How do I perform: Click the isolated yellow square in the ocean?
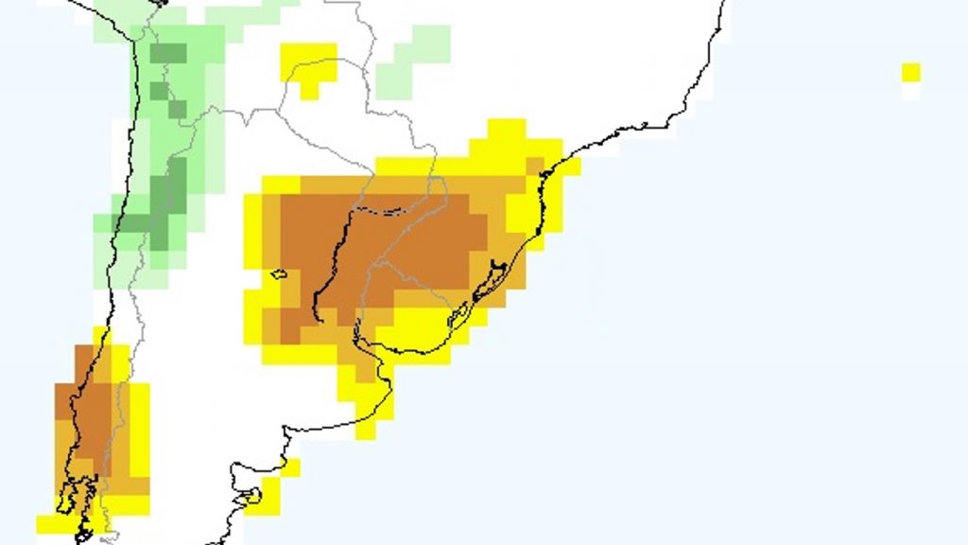910,73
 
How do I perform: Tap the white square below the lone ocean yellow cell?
910,92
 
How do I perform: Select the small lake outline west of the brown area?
278,274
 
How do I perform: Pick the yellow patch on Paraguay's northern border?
309,66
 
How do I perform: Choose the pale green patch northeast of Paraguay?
413,62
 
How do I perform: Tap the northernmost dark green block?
168,53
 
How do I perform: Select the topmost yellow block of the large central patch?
506,129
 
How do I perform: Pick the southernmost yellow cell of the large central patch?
366,431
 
